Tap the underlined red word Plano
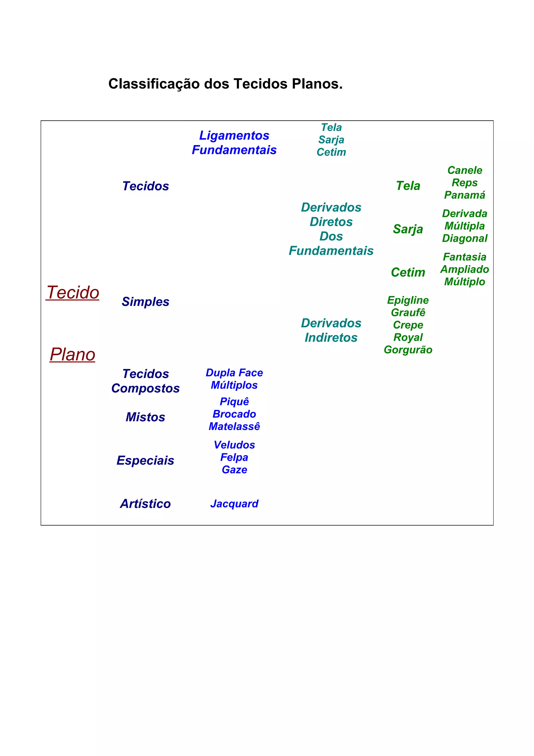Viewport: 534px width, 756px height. coord(72,355)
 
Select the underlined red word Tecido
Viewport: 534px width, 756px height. coord(73,293)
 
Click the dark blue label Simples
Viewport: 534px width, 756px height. coord(145,302)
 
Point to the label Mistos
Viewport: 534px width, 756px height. coord(145,417)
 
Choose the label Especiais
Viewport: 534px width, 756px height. coord(145,460)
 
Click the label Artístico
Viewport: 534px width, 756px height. coord(145,504)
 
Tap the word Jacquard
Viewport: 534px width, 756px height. coord(234,504)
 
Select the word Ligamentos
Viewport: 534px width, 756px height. coord(234,135)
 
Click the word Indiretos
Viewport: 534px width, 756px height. coord(331,338)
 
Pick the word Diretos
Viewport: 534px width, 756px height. coord(331,222)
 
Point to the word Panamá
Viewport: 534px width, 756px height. coord(465,195)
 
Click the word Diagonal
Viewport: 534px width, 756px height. coord(465,238)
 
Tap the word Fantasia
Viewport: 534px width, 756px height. coord(465,257)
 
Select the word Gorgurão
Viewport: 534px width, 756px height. coord(408,350)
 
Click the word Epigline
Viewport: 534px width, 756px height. coord(408,300)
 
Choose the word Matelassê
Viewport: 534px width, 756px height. coord(234,427)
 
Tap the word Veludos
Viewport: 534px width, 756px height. coord(234,445)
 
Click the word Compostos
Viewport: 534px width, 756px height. coord(145,388)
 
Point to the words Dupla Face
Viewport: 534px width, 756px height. coord(234,373)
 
